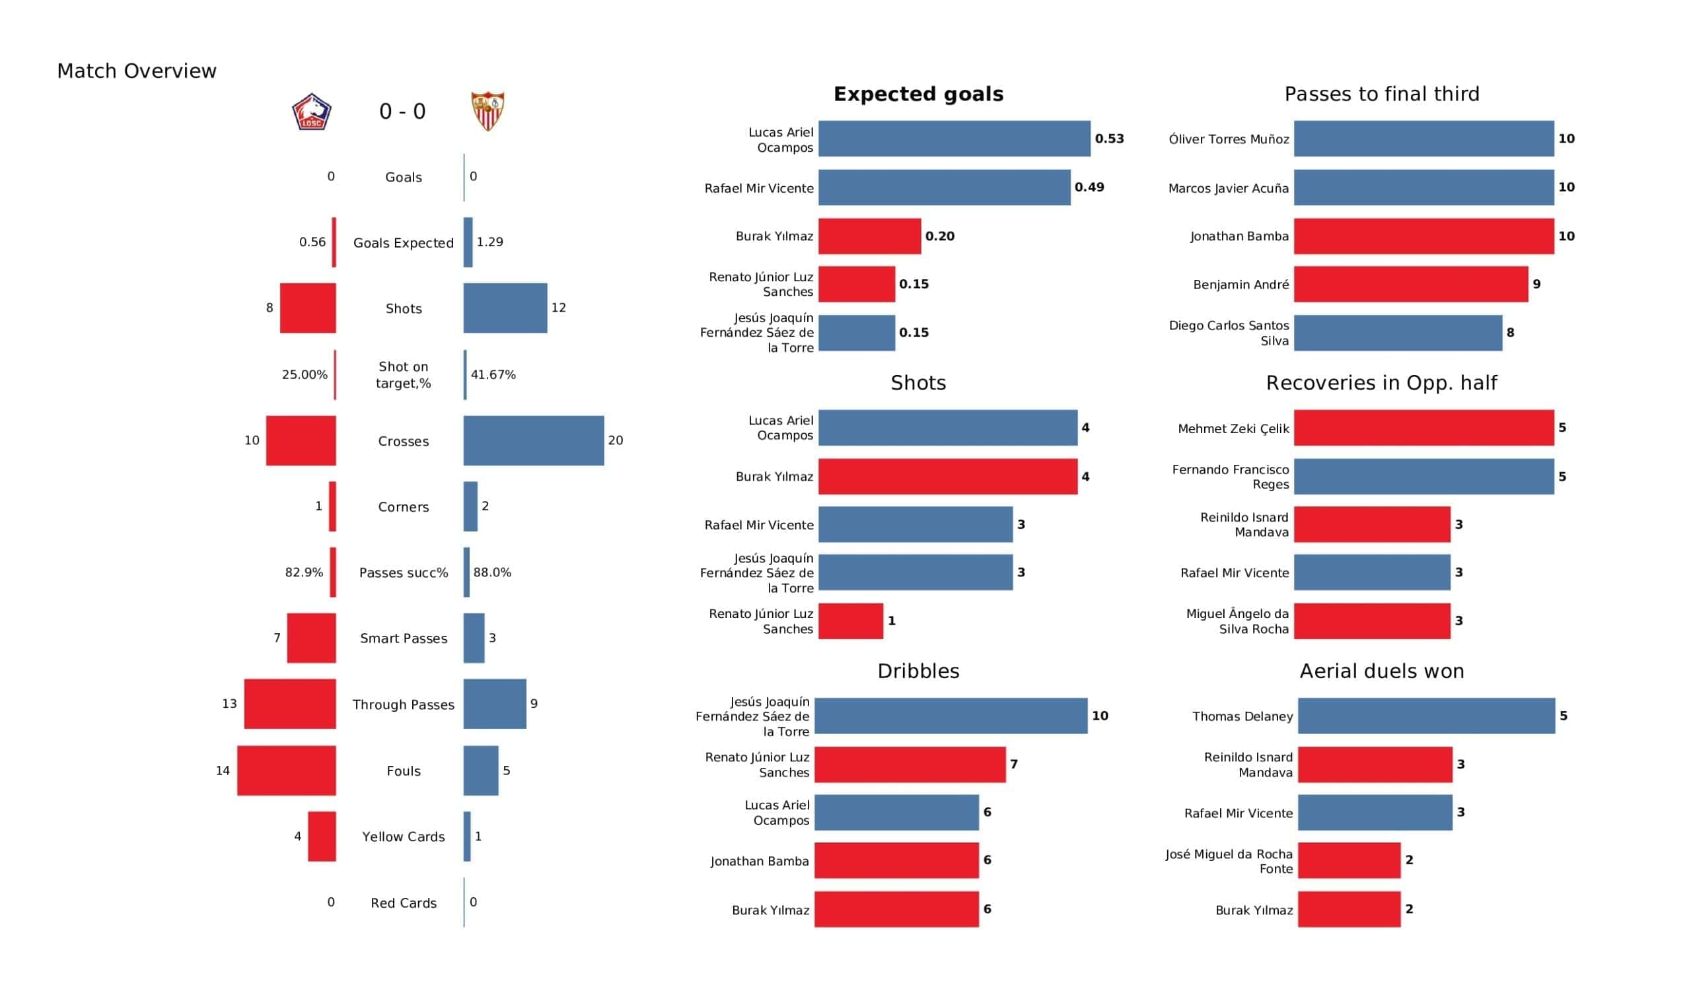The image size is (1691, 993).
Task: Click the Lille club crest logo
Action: click(311, 112)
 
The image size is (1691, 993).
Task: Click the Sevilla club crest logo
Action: click(488, 111)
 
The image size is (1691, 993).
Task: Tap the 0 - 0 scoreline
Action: click(403, 112)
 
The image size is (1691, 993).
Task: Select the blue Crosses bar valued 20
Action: click(534, 441)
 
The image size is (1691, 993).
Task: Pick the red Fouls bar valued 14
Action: click(287, 771)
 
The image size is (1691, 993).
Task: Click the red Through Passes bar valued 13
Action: click(290, 704)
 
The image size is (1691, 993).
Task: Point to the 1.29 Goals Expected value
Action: click(490, 242)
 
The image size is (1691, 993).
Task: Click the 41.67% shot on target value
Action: click(493, 375)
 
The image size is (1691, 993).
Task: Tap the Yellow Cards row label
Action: click(404, 837)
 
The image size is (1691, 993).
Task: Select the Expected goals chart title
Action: click(919, 94)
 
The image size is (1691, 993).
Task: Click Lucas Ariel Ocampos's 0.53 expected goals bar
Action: click(954, 139)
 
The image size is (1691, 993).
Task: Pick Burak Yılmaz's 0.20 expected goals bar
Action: click(870, 236)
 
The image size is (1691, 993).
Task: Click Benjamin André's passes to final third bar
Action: click(1411, 285)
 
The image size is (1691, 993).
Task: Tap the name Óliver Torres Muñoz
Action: click(1229, 139)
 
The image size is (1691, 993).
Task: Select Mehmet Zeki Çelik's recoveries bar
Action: click(1424, 428)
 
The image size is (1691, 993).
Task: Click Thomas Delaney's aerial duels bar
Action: click(1426, 716)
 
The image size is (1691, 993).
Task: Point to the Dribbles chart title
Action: click(919, 671)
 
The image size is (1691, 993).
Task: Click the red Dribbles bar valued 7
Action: click(910, 765)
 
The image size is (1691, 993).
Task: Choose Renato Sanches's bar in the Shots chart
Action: click(851, 621)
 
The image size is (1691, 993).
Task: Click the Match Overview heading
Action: click(137, 71)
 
